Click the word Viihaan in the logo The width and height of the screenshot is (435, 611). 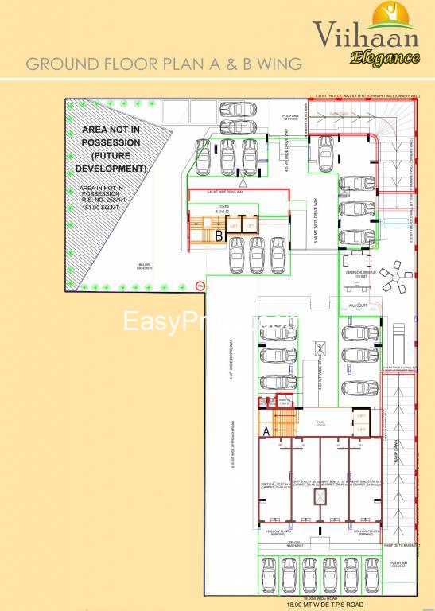(x=362, y=35)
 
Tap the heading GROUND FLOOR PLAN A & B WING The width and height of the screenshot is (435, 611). (x=164, y=64)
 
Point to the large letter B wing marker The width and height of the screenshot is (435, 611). (x=218, y=235)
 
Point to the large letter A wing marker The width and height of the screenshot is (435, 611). (x=266, y=430)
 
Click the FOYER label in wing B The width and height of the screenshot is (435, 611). (x=223, y=208)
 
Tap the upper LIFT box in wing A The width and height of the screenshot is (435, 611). (x=361, y=416)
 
